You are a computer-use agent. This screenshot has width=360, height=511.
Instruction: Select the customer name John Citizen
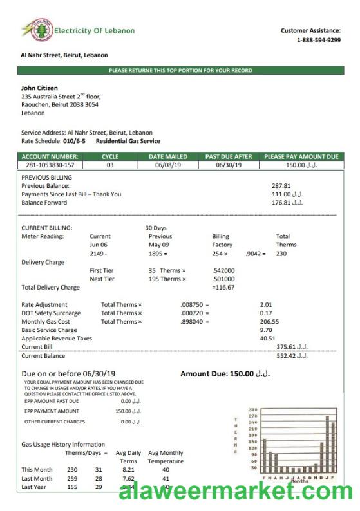point(39,88)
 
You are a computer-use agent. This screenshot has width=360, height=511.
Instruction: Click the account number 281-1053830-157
point(49,165)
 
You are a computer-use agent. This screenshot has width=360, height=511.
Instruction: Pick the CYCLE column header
point(110,156)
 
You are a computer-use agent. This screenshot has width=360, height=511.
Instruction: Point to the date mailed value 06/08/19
point(167,165)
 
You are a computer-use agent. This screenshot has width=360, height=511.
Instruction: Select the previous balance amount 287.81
point(282,186)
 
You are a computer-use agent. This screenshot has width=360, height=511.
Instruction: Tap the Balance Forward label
point(43,202)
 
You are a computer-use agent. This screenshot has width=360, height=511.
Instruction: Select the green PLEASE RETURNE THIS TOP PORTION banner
point(180,71)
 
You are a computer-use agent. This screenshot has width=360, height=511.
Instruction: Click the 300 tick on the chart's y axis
point(252,410)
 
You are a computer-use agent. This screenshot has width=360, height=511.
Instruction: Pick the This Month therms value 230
point(72,470)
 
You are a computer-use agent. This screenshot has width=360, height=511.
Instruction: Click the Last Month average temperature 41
point(166,479)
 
